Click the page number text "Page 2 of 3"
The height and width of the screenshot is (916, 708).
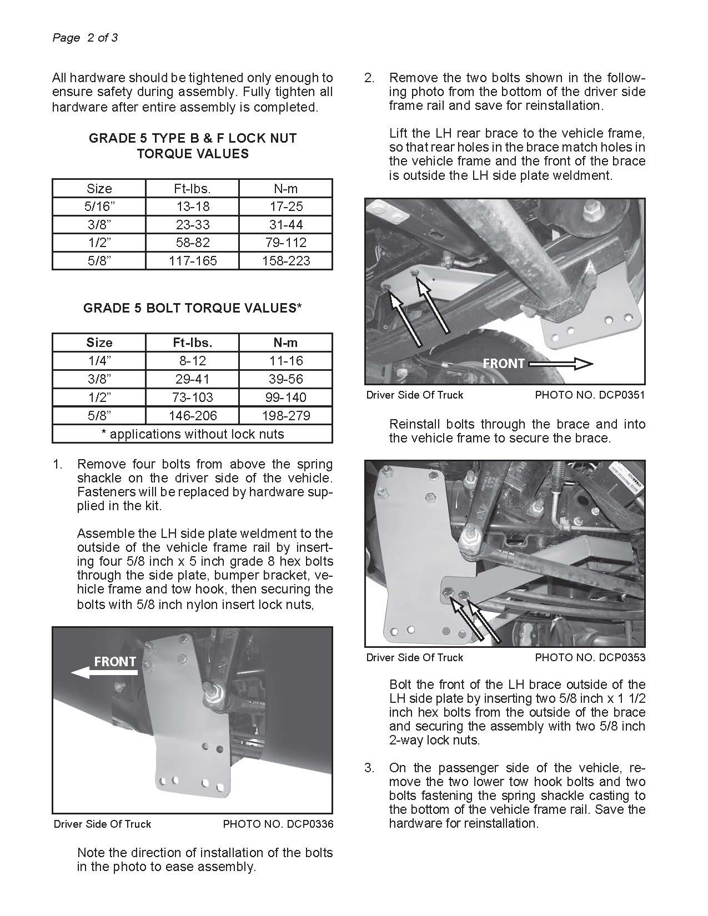[85, 38]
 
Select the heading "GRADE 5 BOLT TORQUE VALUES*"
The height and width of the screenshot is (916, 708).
[192, 308]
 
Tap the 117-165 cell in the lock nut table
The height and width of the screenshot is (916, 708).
[192, 261]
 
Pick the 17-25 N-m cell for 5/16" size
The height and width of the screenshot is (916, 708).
[286, 207]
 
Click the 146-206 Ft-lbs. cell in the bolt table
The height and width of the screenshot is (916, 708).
[192, 415]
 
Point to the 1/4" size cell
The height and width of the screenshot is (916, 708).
[99, 361]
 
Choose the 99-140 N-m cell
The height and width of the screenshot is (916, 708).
[286, 397]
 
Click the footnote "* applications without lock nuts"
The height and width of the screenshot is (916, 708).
[192, 434]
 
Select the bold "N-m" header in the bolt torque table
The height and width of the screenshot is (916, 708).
[286, 343]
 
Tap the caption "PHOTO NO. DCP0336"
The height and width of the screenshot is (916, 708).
[278, 824]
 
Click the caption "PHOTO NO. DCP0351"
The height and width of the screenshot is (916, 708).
[590, 395]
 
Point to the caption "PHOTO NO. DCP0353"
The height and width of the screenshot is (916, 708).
[590, 658]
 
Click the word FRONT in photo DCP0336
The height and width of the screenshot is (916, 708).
[115, 661]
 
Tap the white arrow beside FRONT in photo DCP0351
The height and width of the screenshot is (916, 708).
[561, 364]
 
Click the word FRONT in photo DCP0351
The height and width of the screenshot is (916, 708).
[503, 364]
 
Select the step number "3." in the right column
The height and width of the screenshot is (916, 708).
[369, 768]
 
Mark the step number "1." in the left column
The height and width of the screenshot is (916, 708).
[58, 464]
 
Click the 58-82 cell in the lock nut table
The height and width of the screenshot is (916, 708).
[192, 243]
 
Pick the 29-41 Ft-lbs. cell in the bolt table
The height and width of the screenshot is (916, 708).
[192, 379]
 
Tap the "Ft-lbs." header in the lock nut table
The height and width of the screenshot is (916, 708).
[192, 188]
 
